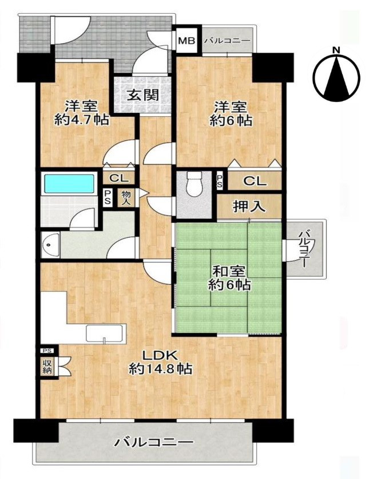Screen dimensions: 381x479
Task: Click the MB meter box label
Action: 186,41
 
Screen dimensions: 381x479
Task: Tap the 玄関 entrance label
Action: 143,95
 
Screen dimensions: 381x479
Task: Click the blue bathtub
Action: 69,183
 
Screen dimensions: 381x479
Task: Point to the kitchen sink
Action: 106,333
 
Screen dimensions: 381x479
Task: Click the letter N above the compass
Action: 336,50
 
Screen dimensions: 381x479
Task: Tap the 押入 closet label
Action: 249,206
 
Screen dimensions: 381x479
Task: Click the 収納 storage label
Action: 47,367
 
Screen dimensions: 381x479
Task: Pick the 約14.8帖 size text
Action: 160,370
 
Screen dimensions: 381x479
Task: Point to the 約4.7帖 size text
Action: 81,120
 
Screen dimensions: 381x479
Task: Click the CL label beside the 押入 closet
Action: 255,182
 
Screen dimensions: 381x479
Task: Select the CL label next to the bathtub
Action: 118,178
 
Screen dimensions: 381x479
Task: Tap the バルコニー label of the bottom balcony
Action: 154,442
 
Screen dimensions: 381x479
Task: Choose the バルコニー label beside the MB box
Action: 227,41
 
